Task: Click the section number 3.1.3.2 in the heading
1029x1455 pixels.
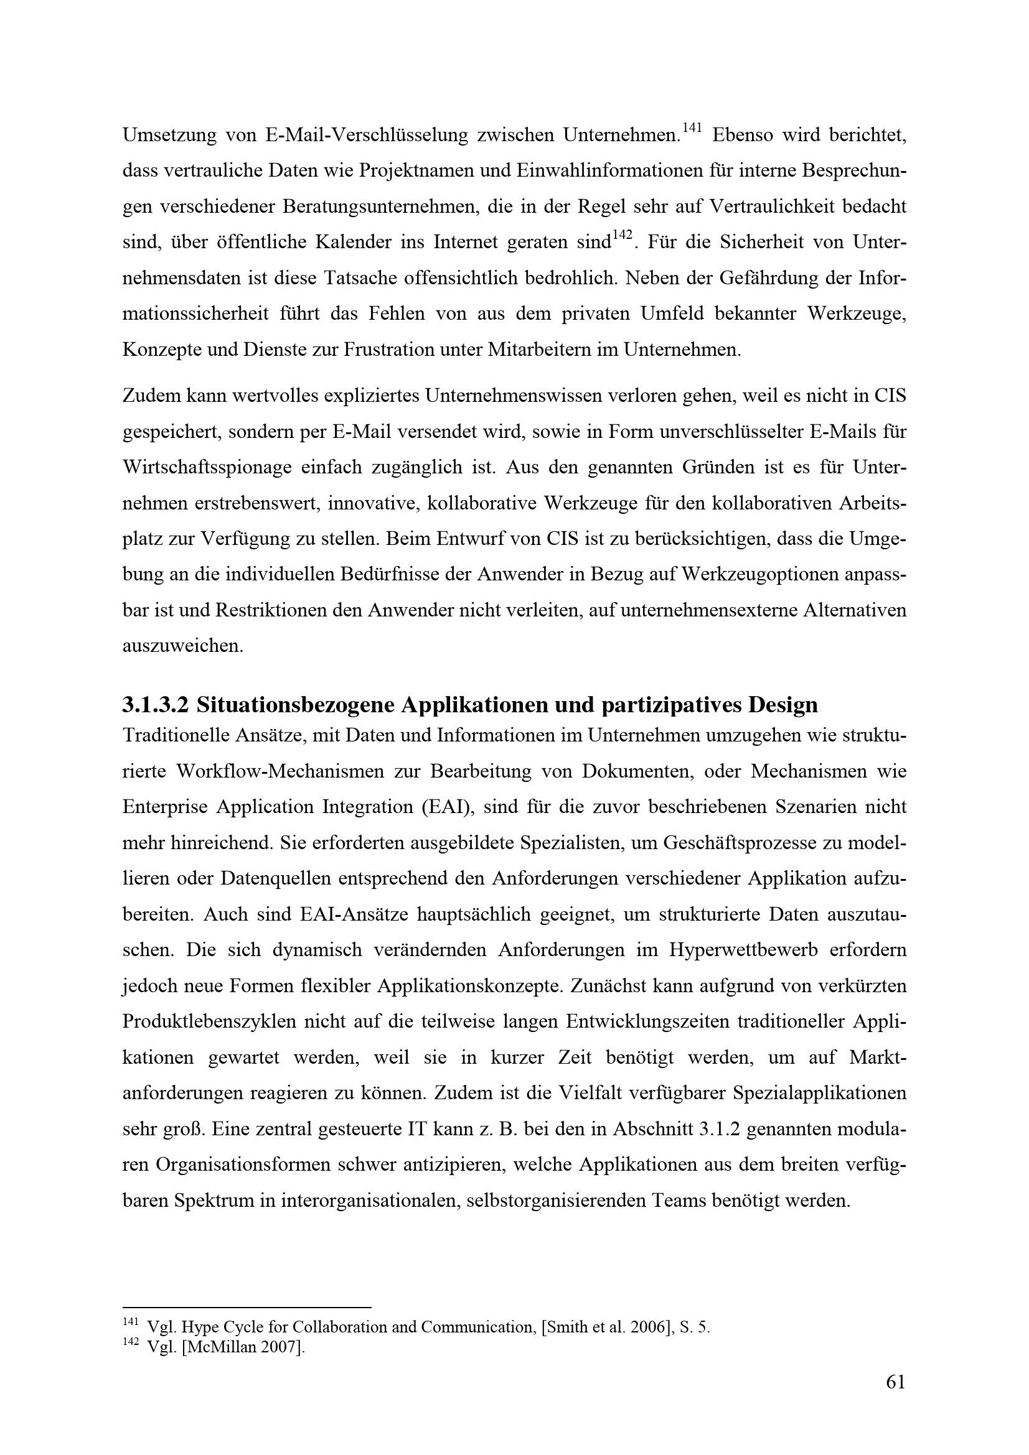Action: coord(156,705)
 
